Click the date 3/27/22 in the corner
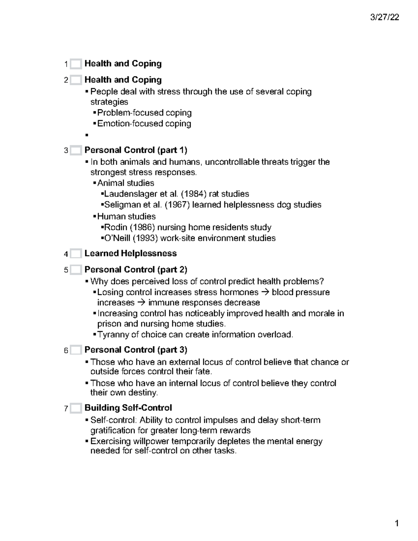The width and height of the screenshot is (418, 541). click(385, 17)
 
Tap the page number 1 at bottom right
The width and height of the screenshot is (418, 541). click(396, 524)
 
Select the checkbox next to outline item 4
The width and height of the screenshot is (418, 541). click(76, 254)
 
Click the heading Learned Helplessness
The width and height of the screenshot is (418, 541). click(130, 253)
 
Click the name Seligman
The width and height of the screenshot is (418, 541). click(120, 204)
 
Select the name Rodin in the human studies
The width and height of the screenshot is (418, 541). click(116, 227)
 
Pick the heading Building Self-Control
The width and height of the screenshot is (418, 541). click(128, 408)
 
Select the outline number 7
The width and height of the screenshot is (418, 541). click(66, 408)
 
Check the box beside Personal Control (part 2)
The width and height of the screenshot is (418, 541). click(76, 270)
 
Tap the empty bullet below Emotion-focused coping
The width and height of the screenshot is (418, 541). click(87, 135)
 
